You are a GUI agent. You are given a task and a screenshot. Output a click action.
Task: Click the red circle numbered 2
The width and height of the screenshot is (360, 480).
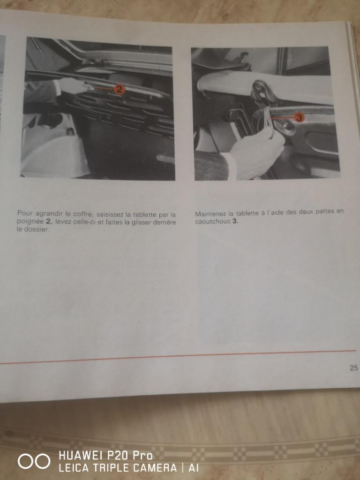119,90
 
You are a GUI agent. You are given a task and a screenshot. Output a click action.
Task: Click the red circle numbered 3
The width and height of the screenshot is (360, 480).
299,117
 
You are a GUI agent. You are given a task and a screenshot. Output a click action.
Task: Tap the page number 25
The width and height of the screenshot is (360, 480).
353,367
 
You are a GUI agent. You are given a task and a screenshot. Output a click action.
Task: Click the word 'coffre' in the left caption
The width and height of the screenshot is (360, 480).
82,214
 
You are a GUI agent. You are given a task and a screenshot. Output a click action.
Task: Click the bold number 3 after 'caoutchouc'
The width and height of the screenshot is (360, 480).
234,221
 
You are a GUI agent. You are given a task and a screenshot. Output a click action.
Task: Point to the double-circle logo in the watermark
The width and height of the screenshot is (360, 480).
34,461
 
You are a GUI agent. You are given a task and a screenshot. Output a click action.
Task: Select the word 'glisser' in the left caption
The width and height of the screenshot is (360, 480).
143,222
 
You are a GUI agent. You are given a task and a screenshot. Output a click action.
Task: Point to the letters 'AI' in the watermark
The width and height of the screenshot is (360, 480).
193,468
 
